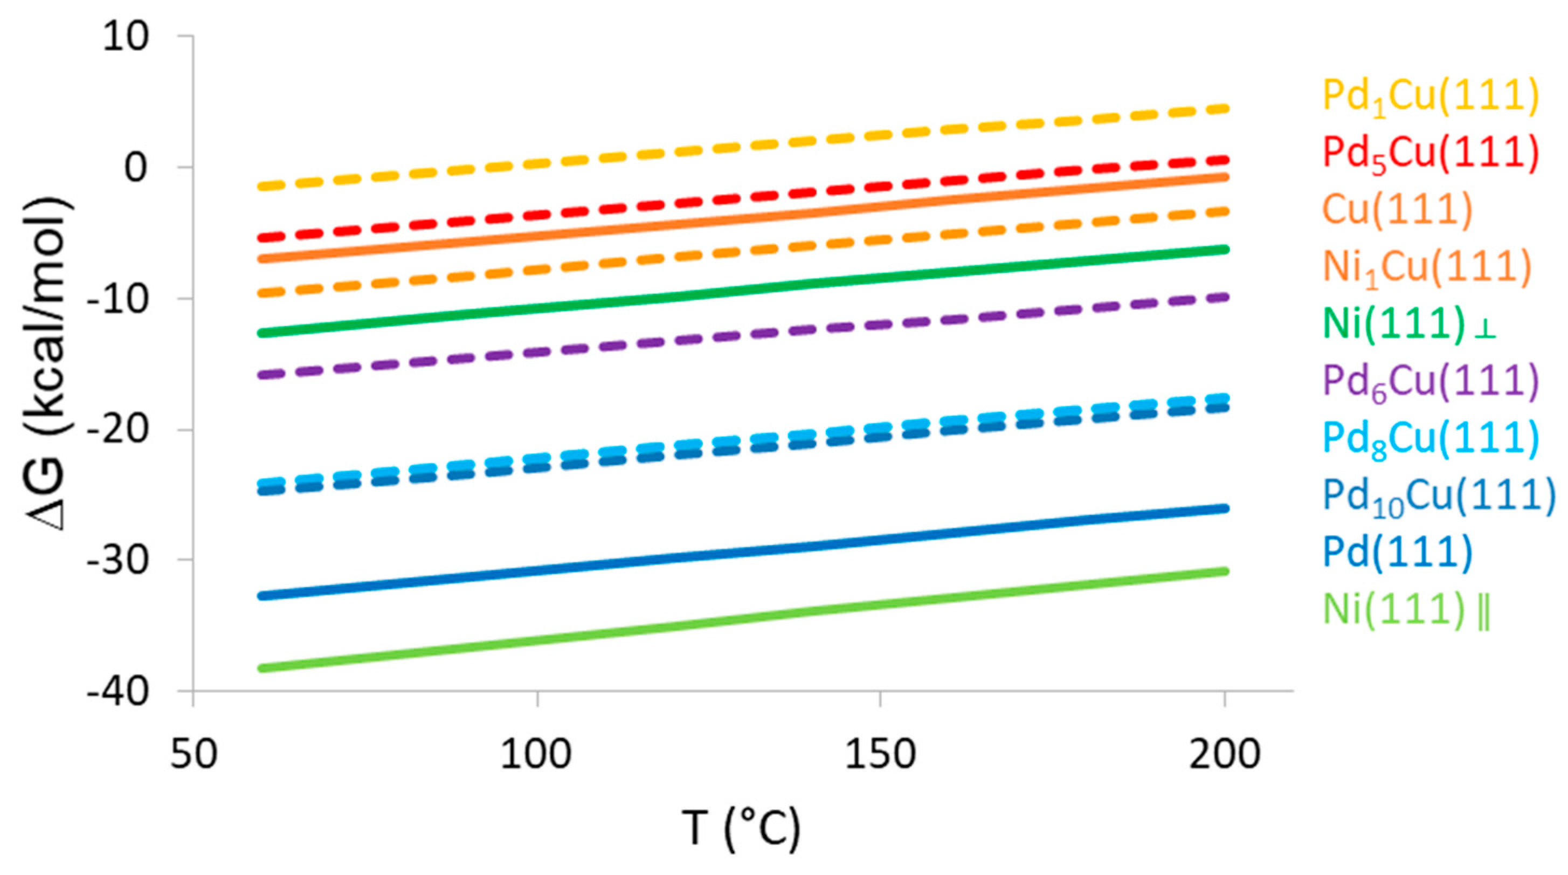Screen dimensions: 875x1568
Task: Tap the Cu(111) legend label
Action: coord(1397,209)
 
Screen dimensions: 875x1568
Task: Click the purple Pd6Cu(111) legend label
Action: coord(1430,382)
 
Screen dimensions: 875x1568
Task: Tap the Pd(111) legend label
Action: coord(1397,551)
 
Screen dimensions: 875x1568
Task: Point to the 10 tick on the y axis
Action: coord(125,37)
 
